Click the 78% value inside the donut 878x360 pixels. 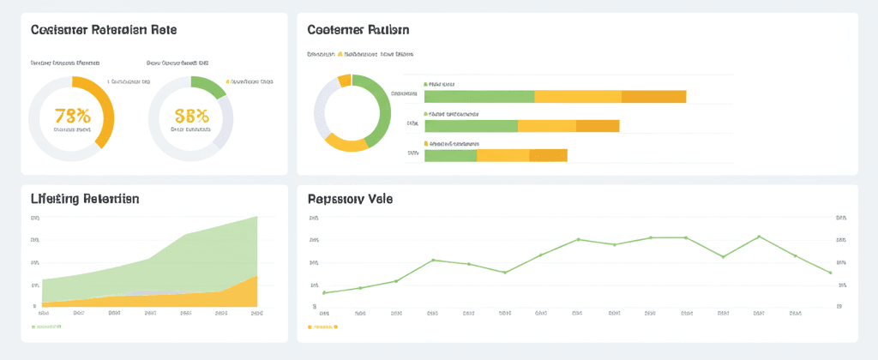click(x=71, y=116)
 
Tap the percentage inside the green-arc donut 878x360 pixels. click(x=190, y=116)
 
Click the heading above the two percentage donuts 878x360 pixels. click(x=104, y=30)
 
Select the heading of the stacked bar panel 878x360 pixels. click(x=358, y=30)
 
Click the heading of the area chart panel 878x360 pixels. click(x=85, y=199)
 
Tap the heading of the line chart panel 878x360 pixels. click(x=350, y=199)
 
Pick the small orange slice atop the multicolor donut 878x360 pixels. click(x=345, y=81)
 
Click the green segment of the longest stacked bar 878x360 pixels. click(x=479, y=97)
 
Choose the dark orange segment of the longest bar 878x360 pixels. click(x=653, y=97)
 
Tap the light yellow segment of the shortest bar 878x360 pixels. click(x=502, y=155)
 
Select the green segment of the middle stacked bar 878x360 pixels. click(x=471, y=126)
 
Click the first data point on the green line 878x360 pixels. click(x=324, y=292)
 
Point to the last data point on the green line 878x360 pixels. click(x=830, y=273)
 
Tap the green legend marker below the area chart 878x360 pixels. click(x=34, y=327)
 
